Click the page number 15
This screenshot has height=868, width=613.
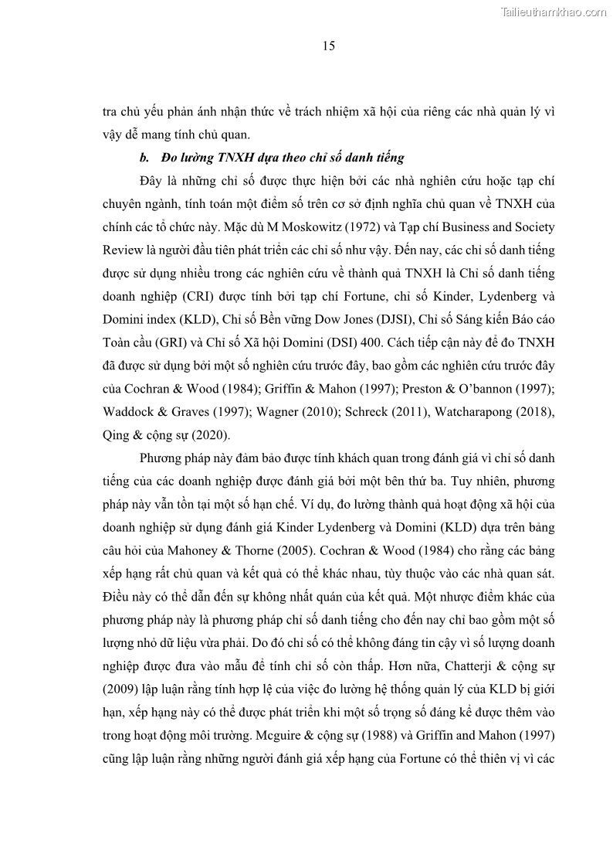(x=328, y=46)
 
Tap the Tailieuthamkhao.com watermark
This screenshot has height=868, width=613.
(x=554, y=12)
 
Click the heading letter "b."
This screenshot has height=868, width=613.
(x=144, y=158)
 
